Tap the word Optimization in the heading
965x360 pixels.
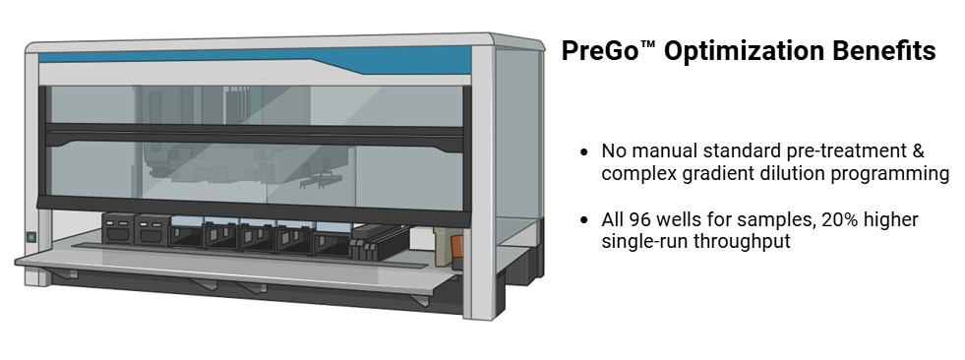coord(743,51)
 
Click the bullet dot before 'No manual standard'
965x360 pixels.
coord(584,151)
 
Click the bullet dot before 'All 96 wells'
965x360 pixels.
coord(584,220)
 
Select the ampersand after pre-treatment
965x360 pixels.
coord(918,150)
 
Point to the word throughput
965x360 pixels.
coord(743,242)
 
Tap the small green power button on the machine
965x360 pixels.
coord(30,237)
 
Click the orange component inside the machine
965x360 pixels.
coord(456,245)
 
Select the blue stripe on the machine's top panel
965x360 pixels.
coord(255,58)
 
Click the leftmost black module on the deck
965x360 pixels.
coord(117,228)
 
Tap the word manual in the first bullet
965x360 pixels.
coord(665,150)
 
